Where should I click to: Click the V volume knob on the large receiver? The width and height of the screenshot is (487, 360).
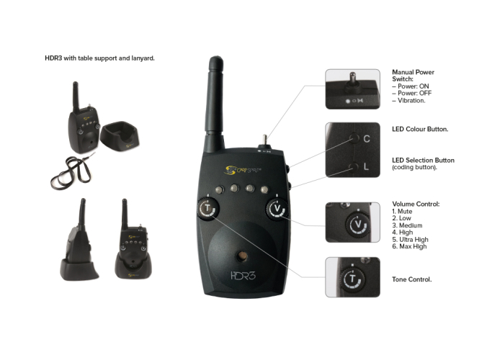pyautogui.click(x=276, y=210)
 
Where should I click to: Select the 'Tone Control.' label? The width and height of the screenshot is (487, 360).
pyautogui.click(x=411, y=279)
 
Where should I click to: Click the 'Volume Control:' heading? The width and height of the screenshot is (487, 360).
pyautogui.click(x=416, y=204)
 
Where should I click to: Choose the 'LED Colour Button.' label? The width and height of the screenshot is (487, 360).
pyautogui.click(x=420, y=130)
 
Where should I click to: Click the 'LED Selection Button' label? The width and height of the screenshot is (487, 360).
pyautogui.click(x=423, y=160)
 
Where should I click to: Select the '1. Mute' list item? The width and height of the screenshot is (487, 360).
pyautogui.click(x=403, y=212)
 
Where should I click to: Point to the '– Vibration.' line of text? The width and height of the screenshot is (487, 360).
pyautogui.click(x=408, y=101)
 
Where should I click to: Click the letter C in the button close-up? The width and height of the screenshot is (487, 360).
pyautogui.click(x=366, y=138)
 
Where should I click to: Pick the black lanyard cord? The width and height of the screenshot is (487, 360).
pyautogui.click(x=68, y=169)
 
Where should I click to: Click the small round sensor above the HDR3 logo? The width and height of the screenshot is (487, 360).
pyautogui.click(x=242, y=256)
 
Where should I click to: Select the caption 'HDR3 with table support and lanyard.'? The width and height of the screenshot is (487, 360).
pyautogui.click(x=99, y=58)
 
